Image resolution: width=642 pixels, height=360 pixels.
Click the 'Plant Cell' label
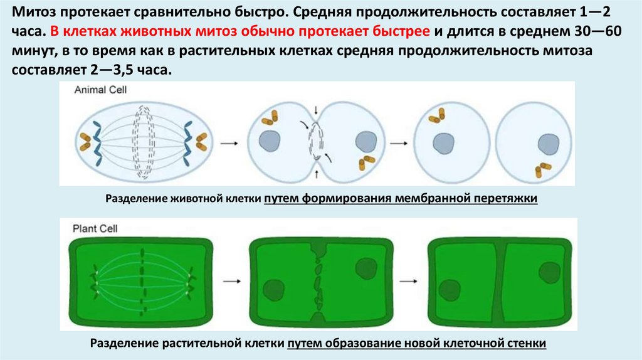pyautogui.click(x=95, y=229)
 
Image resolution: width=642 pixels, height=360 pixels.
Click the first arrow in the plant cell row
pyautogui.click(x=231, y=281)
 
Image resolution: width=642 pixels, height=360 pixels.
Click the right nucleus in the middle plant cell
pyautogui.click(x=366, y=268)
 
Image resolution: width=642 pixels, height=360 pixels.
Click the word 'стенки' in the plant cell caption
pyautogui.click(x=528, y=343)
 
